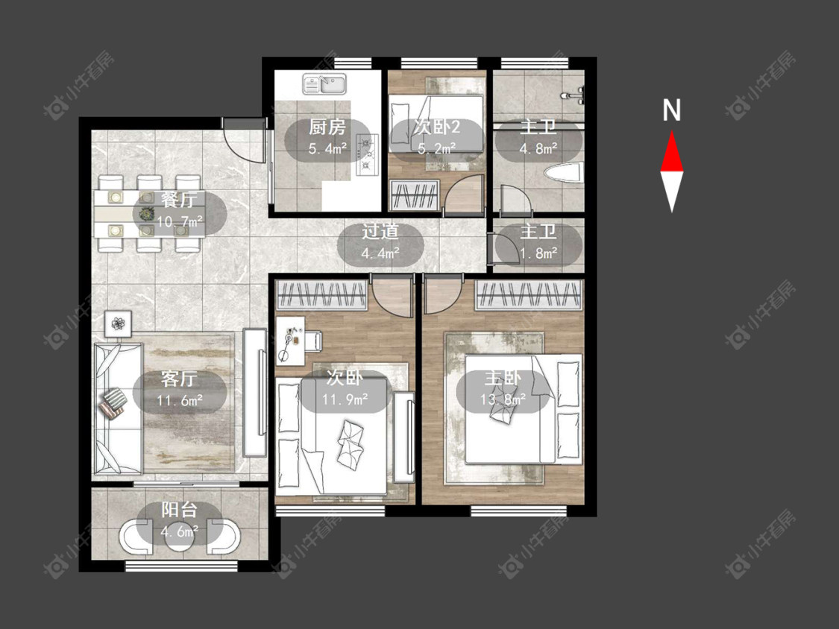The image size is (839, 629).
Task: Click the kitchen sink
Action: pos(325,84)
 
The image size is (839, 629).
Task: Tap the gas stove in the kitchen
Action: pos(367,154)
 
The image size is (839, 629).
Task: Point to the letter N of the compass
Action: pos(671,110)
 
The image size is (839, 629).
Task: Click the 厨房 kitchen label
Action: pos(327,127)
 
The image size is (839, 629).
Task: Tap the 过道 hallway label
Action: pos(380,232)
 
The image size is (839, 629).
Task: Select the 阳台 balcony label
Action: pos(180,510)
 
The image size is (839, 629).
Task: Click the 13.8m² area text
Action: pos(503,399)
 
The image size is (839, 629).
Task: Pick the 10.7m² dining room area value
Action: pos(180,221)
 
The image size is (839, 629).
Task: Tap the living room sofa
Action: pos(119,408)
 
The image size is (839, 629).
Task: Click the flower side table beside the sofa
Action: pos(119,323)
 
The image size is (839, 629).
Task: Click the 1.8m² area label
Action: pos(538,253)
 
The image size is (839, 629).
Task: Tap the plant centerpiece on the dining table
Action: pos(145,214)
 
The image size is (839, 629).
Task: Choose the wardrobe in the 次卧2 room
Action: pos(415,195)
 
